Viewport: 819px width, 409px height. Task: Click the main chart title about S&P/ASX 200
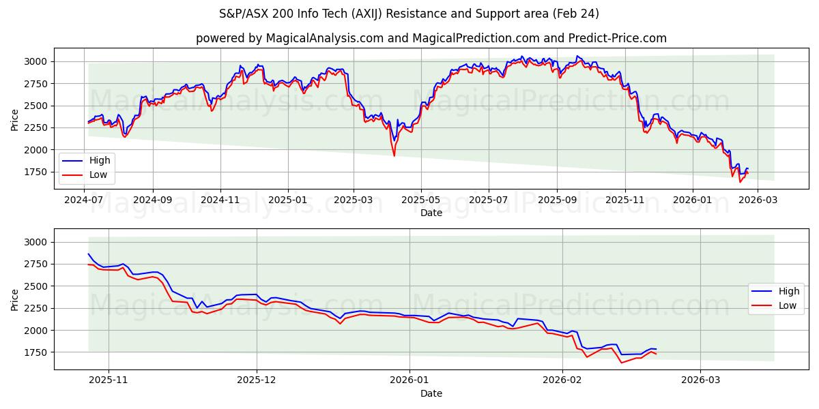[409, 14]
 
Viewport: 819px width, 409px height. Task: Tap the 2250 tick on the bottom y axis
[35, 308]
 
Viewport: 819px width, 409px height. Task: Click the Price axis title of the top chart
[15, 119]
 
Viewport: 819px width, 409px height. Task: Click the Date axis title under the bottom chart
[431, 393]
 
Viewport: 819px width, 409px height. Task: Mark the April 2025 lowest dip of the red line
[394, 155]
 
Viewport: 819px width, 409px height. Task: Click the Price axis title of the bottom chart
[15, 299]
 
